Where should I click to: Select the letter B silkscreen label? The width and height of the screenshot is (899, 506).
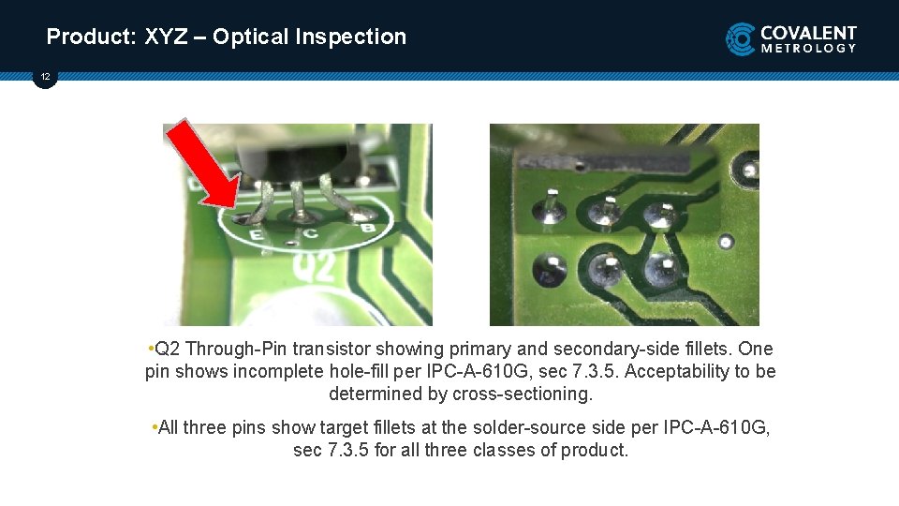(368, 228)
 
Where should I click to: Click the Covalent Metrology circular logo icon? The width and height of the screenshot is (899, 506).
(741, 38)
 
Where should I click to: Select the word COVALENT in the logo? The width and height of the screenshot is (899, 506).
(809, 32)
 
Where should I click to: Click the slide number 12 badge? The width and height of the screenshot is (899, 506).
(45, 76)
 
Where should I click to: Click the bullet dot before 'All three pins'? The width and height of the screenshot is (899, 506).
(154, 427)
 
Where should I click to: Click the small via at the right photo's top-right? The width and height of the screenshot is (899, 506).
(748, 170)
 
